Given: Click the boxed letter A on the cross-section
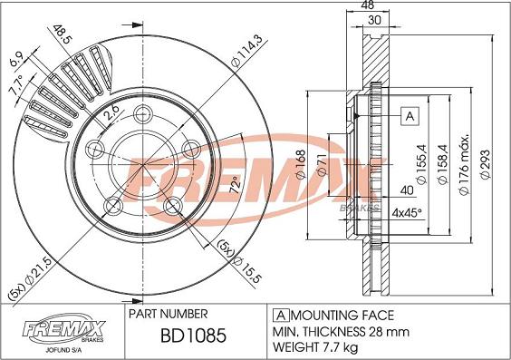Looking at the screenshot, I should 408,116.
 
